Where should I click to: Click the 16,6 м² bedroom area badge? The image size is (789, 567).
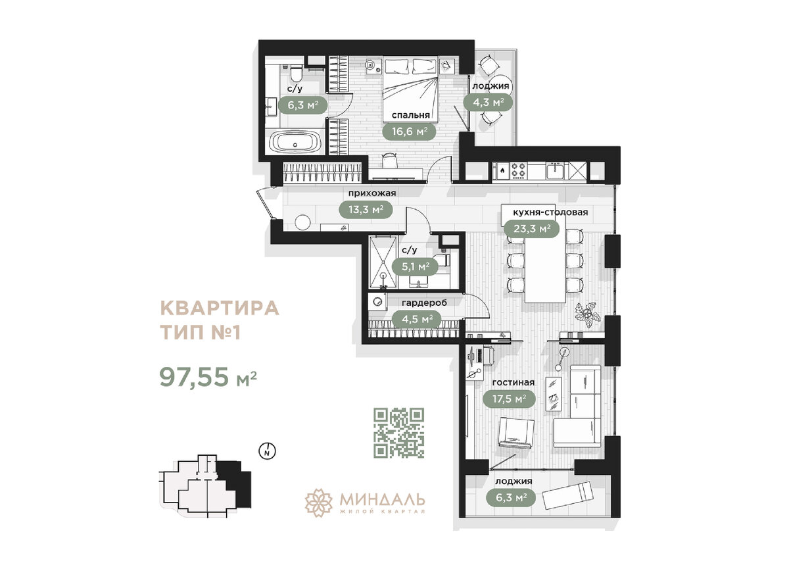(x=409, y=131)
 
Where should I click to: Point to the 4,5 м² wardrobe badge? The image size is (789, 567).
(x=416, y=318)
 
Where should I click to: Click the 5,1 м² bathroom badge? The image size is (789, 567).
(x=416, y=266)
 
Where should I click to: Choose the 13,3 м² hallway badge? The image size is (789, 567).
(x=366, y=209)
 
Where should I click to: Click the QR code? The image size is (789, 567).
(x=399, y=432)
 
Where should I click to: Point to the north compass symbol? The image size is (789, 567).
(x=268, y=451)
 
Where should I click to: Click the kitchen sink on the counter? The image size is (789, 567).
(x=555, y=171)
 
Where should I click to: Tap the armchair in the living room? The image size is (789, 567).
(x=517, y=433)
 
